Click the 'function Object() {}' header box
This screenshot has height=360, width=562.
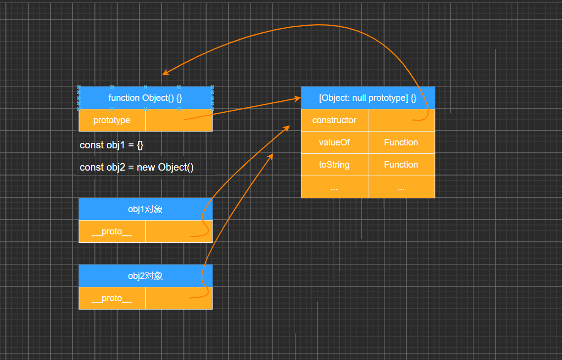pos(145,98)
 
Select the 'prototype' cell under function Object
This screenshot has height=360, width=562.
pos(112,120)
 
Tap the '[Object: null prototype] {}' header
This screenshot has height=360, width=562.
pos(368,98)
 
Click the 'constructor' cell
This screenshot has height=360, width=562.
pos(334,120)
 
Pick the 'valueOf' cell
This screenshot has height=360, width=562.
pos(334,142)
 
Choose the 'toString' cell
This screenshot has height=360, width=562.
pos(334,165)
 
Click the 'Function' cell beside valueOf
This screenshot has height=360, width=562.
pos(401,142)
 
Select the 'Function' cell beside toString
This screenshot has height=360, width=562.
pos(401,165)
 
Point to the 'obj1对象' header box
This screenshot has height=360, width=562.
pos(145,209)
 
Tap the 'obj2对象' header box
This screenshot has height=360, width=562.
pos(145,276)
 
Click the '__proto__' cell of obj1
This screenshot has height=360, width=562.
pos(112,231)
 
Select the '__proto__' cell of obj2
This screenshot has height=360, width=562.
pos(112,298)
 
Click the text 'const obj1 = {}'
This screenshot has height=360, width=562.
pos(112,145)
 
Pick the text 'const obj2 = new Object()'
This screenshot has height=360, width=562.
pos(136,167)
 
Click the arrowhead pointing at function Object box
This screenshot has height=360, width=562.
pos(166,74)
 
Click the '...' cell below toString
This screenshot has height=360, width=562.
pos(334,187)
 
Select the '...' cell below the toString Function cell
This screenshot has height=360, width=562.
pos(401,187)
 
